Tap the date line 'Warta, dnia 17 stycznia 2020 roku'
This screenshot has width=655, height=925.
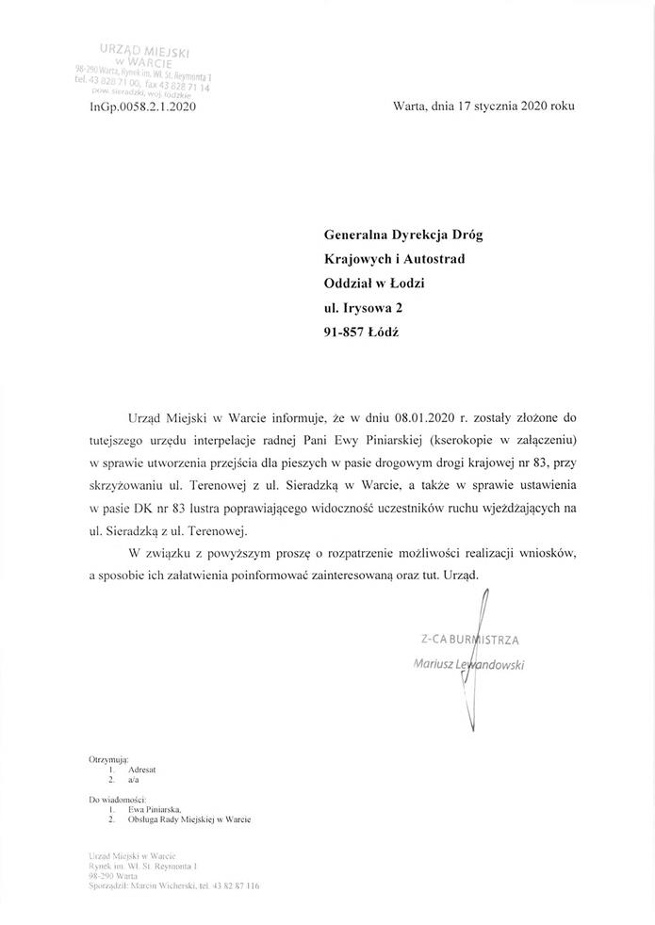click(x=483, y=106)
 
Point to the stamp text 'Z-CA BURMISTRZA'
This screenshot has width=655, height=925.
click(x=470, y=641)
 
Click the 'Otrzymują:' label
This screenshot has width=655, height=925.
click(x=108, y=758)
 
